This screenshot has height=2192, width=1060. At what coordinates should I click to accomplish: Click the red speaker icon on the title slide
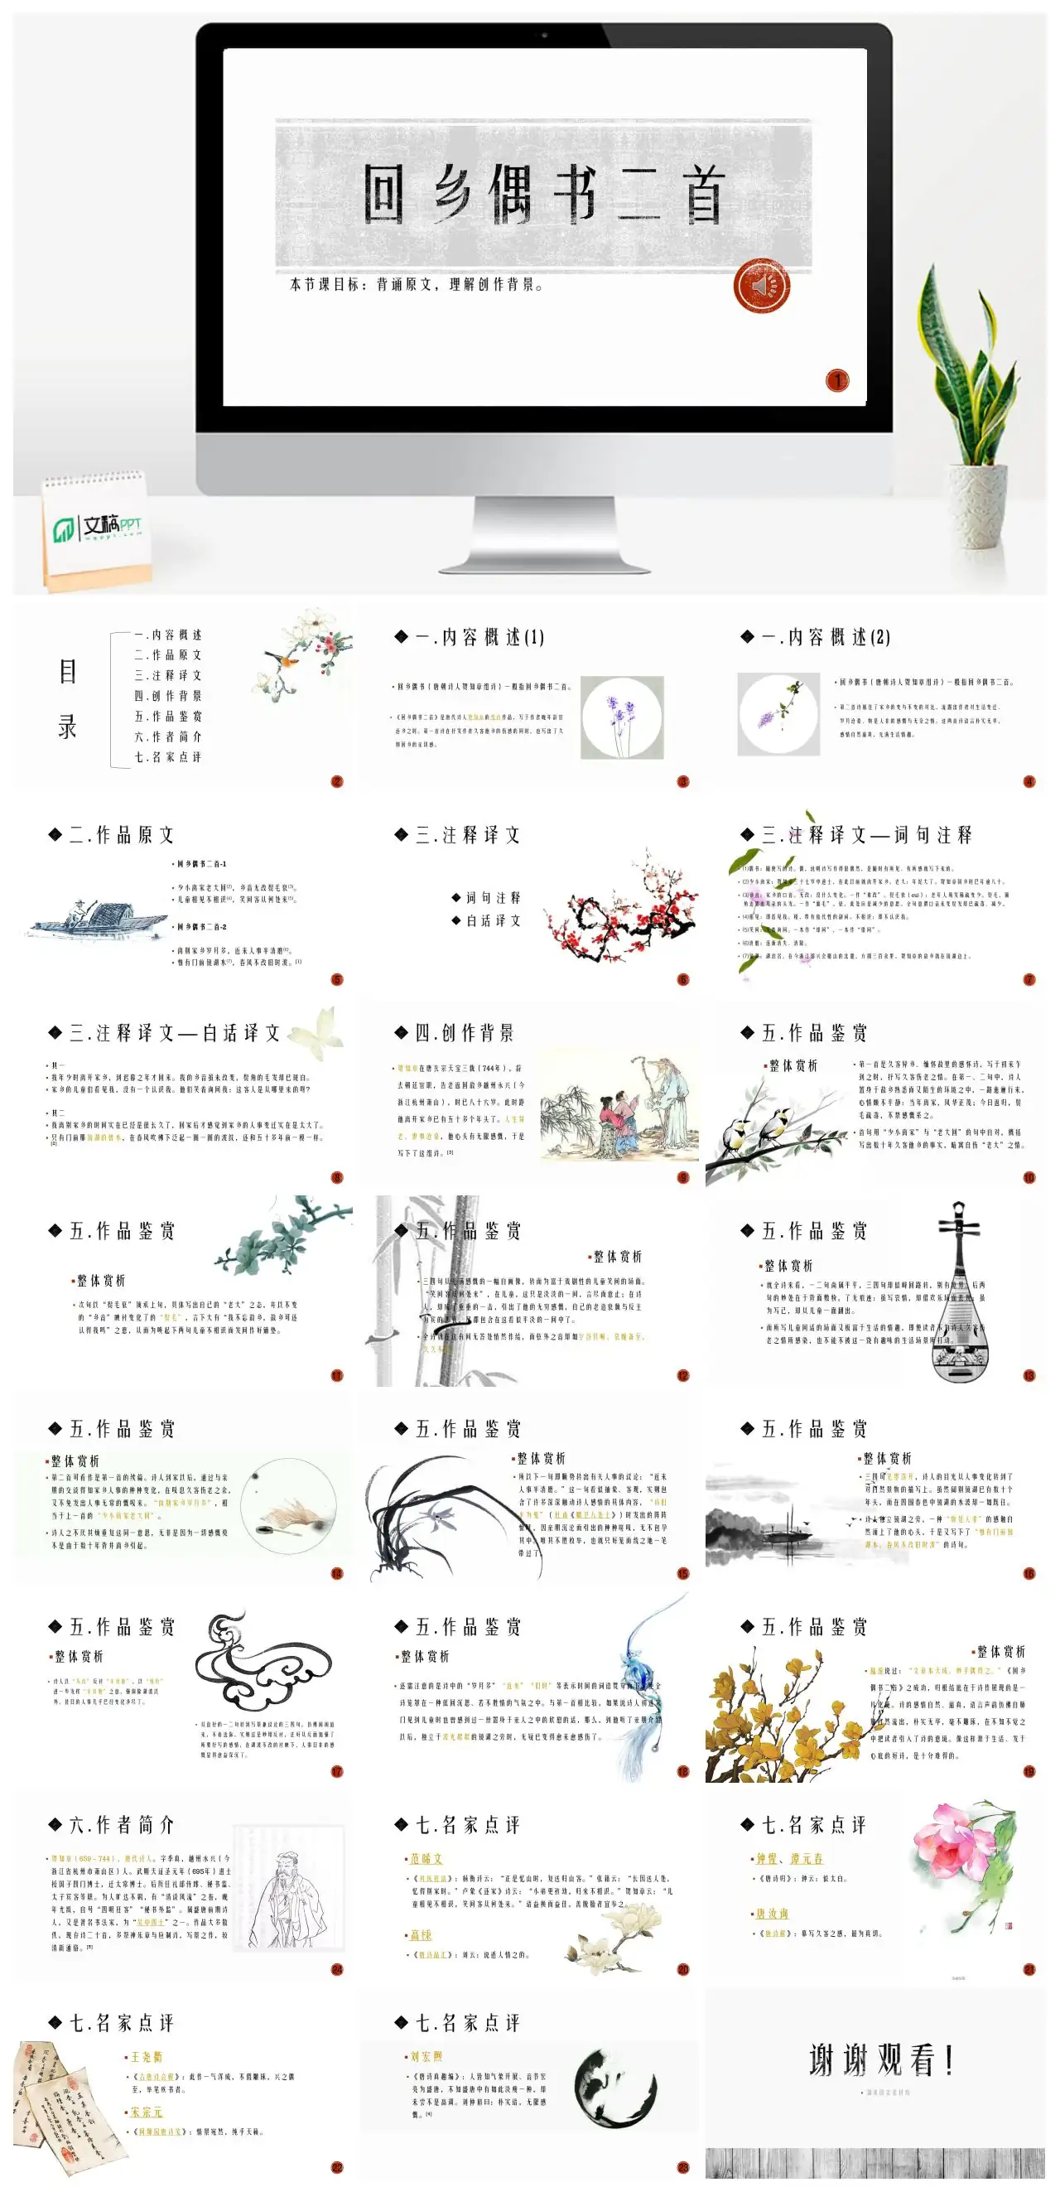(761, 286)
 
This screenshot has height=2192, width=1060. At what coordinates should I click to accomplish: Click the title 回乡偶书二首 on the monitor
(544, 195)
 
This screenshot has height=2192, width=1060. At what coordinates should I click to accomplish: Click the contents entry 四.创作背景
(167, 696)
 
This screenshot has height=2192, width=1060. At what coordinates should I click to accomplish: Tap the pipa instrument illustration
(960, 1293)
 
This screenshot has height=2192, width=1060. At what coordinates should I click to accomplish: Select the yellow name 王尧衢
(147, 2057)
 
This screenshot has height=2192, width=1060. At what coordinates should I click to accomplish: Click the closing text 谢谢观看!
(881, 2060)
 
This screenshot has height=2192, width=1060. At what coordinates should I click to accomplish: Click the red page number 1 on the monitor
(837, 380)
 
